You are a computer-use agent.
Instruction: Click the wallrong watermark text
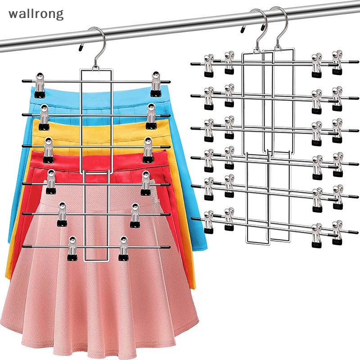[x=36, y=14]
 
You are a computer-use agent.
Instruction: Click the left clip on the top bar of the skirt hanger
[x=40, y=85]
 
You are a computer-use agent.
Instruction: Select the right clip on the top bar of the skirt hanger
[x=156, y=84]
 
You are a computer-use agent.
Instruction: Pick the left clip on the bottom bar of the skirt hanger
[x=72, y=248]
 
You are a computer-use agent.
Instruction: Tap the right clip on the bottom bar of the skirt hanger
[x=123, y=249]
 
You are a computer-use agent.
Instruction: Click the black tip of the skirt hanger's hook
[x=81, y=48]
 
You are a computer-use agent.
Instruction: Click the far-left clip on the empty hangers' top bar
[x=208, y=66]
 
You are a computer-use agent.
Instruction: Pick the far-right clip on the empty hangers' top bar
[x=337, y=63]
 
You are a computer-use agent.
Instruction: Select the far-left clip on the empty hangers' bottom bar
[x=208, y=222]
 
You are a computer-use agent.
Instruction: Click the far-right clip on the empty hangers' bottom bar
[x=337, y=232]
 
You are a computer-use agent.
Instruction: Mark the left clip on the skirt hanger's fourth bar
[x=51, y=182]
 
